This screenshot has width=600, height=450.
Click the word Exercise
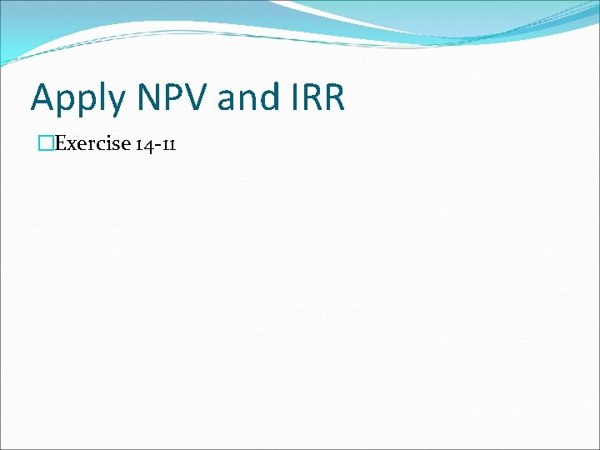point(92,144)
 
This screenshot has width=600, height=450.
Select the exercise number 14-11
point(156,144)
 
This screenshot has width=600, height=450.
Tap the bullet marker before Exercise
point(47,144)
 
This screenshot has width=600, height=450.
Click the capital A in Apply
point(42,97)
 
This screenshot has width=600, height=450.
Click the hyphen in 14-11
point(156,146)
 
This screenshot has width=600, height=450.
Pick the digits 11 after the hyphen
point(167,144)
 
